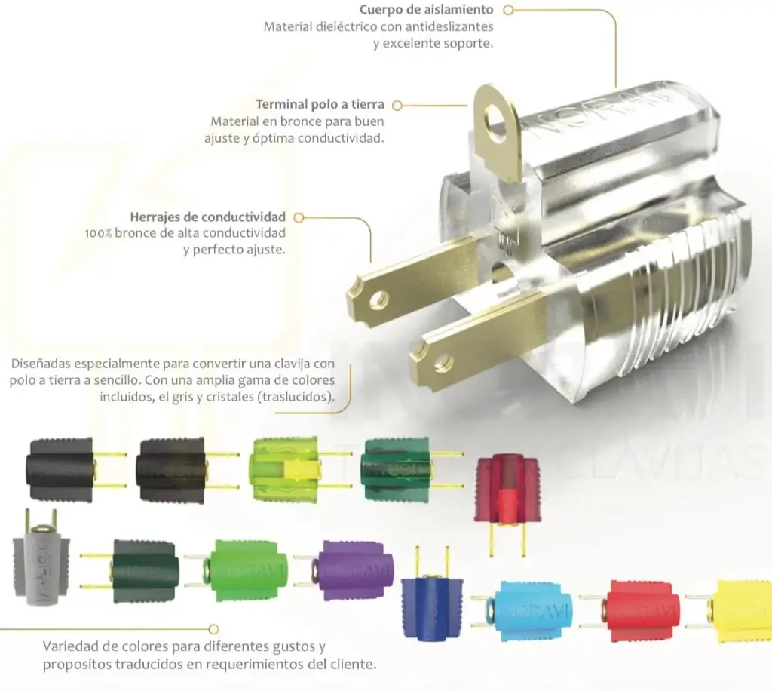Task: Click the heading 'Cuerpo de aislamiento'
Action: (427, 9)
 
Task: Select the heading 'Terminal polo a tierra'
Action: (320, 104)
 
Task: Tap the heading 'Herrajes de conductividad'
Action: (208, 217)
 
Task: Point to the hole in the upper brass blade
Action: (379, 299)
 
